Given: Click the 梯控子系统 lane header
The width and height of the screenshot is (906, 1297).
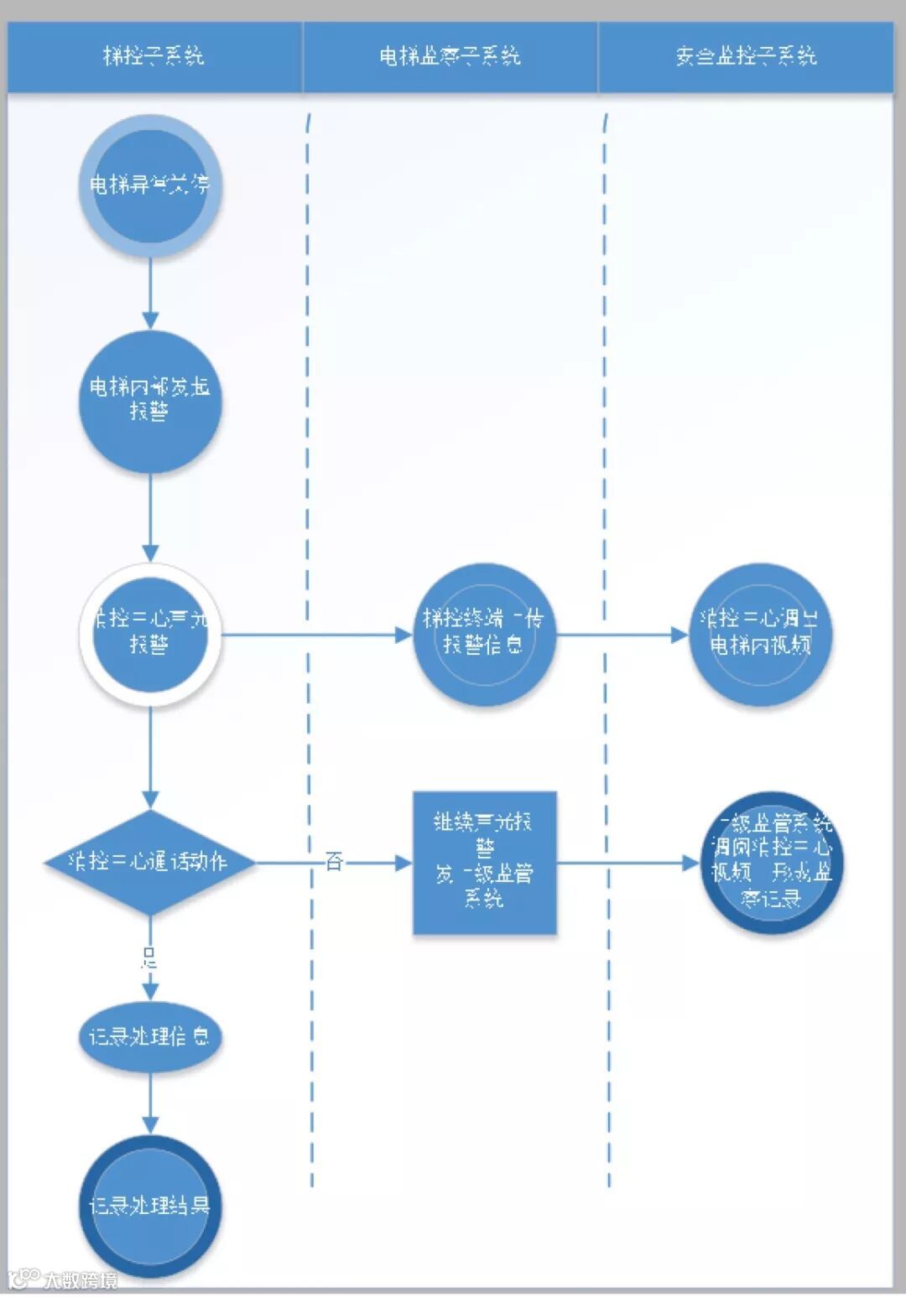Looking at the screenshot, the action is point(154,56).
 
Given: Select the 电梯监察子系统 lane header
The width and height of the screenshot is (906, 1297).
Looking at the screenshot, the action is point(450,56).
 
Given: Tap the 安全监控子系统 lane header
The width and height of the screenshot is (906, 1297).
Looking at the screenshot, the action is point(746,56).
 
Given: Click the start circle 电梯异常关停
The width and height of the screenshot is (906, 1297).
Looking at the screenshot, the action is point(150,185).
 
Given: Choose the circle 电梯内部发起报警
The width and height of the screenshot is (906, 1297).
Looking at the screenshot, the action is point(150,401).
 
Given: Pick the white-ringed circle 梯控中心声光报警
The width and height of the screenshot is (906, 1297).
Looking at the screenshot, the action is point(150,633).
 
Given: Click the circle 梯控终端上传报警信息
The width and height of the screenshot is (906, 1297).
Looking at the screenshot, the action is point(484,633).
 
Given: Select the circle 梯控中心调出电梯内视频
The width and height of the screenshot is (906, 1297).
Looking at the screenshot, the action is point(759,633).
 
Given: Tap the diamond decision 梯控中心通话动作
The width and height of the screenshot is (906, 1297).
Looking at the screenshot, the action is point(150,862).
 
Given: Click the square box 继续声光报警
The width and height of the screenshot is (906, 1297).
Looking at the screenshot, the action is point(484,862).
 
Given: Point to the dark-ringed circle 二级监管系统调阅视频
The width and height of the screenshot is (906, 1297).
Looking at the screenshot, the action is point(772,862).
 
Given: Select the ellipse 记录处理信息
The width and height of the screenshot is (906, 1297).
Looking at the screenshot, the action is point(150,1037).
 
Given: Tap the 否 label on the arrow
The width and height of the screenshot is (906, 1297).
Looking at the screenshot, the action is point(334,861).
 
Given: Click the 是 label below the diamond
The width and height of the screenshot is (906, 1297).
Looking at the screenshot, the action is point(149,957).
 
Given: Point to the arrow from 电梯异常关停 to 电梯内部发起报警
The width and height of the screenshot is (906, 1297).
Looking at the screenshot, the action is point(150,293).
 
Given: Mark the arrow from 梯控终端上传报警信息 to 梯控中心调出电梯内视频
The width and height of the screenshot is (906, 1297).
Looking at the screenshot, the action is point(622,634).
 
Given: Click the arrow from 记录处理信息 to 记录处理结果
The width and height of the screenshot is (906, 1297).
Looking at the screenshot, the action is point(150,1103).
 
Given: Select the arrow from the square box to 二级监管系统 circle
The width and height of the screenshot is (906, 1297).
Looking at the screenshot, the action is point(628,862).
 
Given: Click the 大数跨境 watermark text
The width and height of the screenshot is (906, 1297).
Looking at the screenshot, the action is point(81,1279).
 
